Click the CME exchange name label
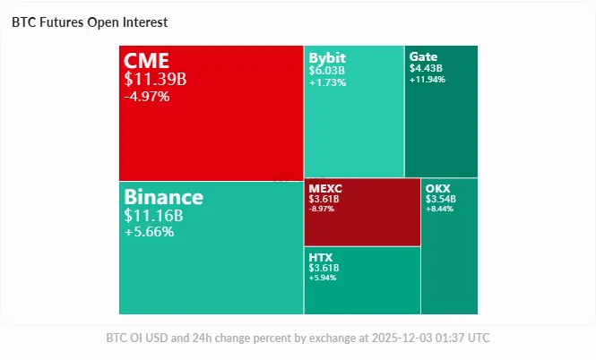[147, 61]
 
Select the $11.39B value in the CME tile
[156, 79]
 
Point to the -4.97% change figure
[147, 96]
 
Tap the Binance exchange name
[164, 197]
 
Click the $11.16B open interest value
[154, 215]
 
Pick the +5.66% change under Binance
[149, 232]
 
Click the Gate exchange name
[423, 56]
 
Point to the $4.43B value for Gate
[426, 68]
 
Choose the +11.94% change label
[428, 79]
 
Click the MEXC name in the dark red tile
[324, 188]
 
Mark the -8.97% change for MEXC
[323, 209]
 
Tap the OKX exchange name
[438, 188]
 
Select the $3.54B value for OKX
[441, 199]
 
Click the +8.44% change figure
[440, 209]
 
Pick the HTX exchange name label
[321, 257]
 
